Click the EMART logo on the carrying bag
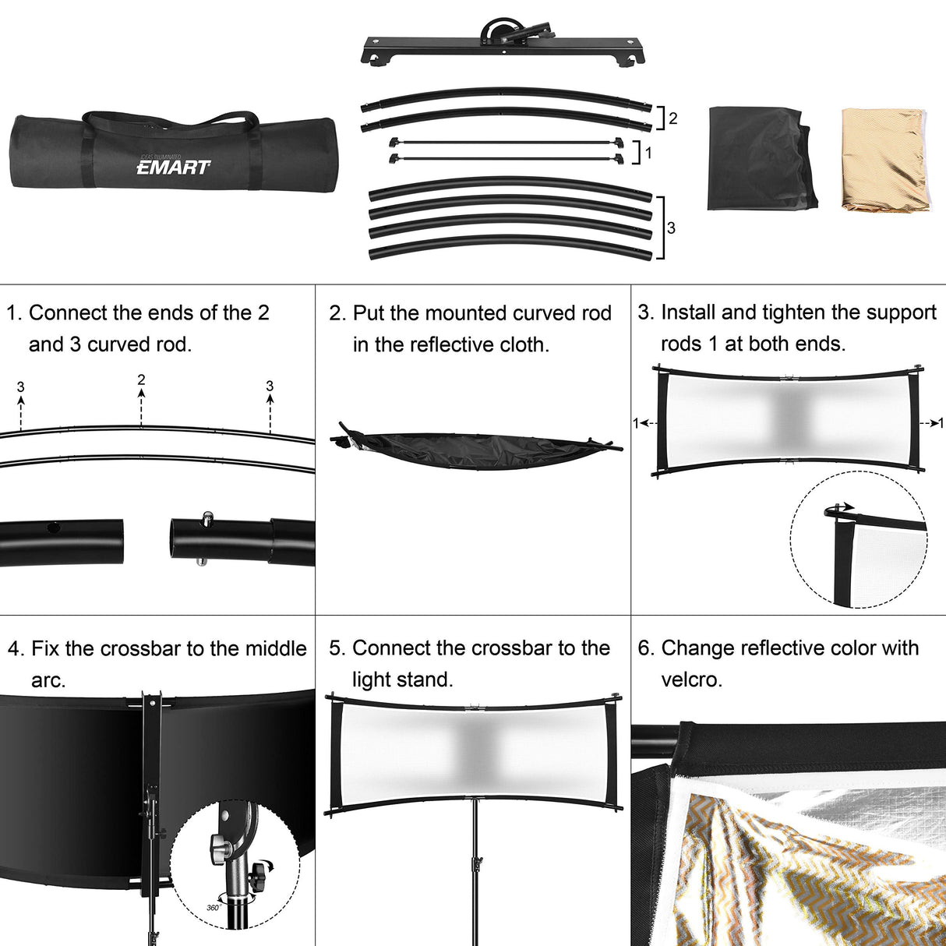coord(173,167)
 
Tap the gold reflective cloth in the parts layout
coord(886,161)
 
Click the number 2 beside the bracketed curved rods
coord(672,118)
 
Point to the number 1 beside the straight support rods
coord(648,154)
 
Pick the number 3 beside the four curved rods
coord(671,228)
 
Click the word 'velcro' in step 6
coord(692,680)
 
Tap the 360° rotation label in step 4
coord(213,907)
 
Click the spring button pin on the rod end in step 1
coord(207,517)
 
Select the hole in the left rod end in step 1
coord(52,528)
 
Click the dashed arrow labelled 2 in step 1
coord(141,408)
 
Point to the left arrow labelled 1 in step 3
coord(647,422)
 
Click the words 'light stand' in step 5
coord(403,680)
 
